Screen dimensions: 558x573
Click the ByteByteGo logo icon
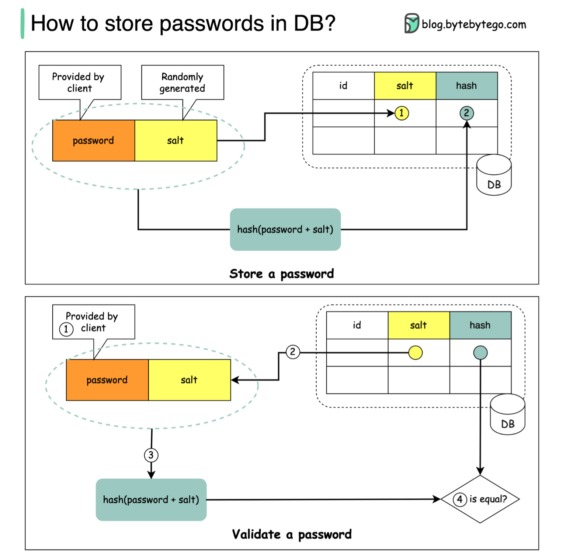coord(411,24)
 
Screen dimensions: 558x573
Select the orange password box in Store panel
coord(94,140)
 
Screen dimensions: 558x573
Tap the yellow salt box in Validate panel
coord(190,380)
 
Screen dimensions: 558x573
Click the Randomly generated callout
coord(183,83)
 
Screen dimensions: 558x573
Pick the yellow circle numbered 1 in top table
coord(402,113)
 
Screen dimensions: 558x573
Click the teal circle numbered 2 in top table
coord(466,113)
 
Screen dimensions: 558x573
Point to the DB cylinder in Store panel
coord(494,176)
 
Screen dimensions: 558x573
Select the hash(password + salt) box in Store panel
coord(285,230)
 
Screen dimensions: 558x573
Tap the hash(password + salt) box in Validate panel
coord(151,500)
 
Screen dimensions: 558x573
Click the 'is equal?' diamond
coord(480,499)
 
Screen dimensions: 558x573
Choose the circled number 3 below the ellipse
coord(151,455)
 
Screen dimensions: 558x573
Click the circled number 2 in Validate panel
coord(293,352)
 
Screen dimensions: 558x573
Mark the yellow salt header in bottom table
coord(419,325)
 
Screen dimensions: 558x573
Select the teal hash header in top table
coord(466,86)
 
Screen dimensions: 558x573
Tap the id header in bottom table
coord(357,325)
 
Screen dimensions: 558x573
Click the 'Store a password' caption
coord(281,274)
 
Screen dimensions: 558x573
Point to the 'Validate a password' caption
coord(292,534)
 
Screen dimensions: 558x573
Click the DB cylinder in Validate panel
coord(507,415)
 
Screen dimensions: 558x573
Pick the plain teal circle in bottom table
coord(480,353)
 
